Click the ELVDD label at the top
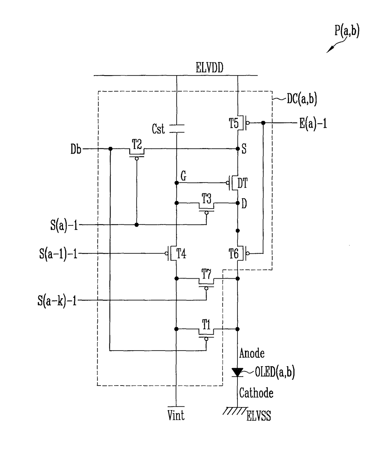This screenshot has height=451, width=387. [209, 68]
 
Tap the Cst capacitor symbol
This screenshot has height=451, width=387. [177, 129]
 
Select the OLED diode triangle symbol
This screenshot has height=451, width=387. [237, 372]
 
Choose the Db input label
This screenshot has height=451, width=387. [76, 149]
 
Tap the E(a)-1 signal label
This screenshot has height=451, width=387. [313, 124]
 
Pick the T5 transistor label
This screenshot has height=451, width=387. [233, 123]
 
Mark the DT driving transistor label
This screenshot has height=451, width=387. [242, 183]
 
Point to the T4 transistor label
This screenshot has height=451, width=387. [181, 253]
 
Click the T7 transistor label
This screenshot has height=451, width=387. [206, 274]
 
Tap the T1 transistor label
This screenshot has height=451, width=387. [206, 324]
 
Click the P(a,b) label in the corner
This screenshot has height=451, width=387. [347, 31]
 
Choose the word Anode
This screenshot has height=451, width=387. [252, 353]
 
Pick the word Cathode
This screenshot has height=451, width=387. [256, 393]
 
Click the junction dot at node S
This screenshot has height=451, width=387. [238, 149]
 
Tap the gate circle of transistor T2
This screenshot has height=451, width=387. [137, 159]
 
